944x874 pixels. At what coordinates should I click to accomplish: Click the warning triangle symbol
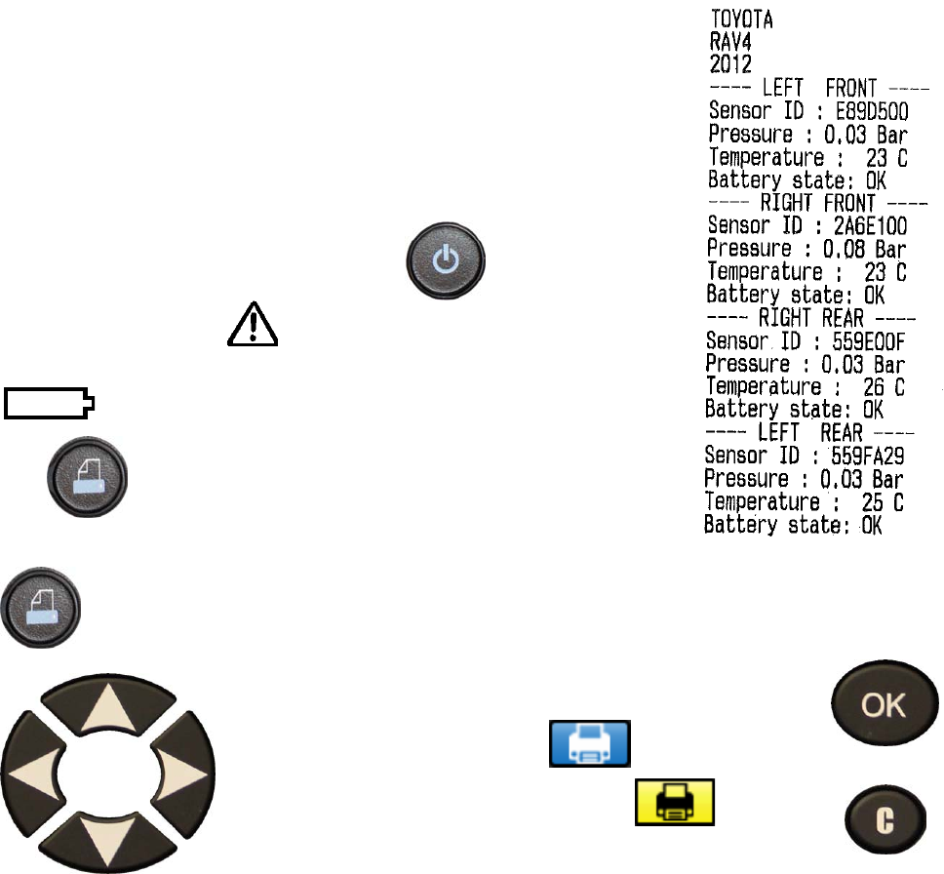click(253, 323)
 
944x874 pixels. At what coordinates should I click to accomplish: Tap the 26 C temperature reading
click(884, 386)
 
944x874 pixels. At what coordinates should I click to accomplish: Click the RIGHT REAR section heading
click(808, 318)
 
